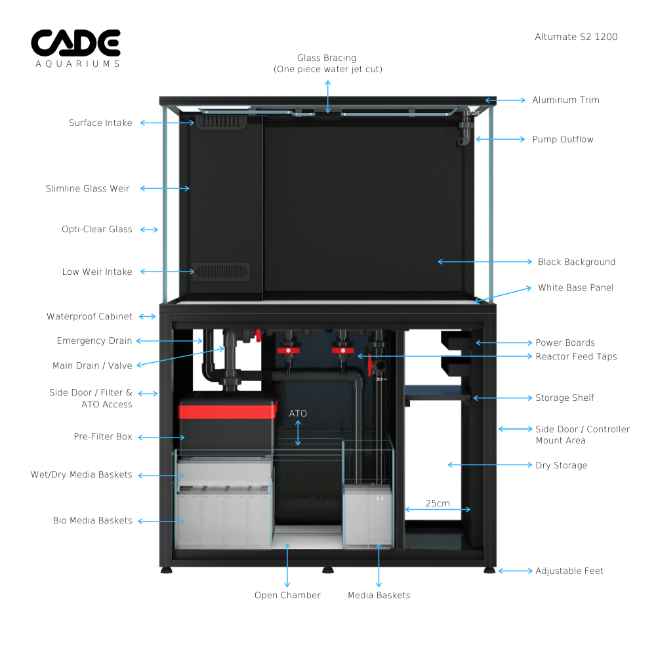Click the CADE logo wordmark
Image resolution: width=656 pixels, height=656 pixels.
point(75,42)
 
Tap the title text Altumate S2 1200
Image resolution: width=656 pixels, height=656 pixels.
point(576,37)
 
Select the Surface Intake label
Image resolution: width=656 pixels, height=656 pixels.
point(100,123)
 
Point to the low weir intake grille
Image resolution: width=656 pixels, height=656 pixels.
point(221,271)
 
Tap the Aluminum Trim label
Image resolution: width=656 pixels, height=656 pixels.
point(565,100)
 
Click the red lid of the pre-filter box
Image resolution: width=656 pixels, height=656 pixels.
point(227,412)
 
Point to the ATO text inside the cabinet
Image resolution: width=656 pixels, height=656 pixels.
point(298,414)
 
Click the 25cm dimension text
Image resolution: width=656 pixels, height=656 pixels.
point(438,503)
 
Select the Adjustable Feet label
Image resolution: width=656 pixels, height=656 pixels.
point(569,571)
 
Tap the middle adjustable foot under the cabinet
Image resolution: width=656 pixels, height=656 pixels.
point(328,569)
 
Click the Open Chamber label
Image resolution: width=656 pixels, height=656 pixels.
point(287,596)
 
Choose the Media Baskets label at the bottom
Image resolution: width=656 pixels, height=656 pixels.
point(379,596)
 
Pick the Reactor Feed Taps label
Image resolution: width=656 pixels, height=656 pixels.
point(576,356)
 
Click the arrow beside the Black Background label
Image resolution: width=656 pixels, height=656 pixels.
point(485,262)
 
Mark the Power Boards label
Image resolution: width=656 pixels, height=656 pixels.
point(565,342)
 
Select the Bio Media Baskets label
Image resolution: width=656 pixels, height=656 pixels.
point(92,521)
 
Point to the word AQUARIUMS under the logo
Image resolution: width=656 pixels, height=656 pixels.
point(77,64)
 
